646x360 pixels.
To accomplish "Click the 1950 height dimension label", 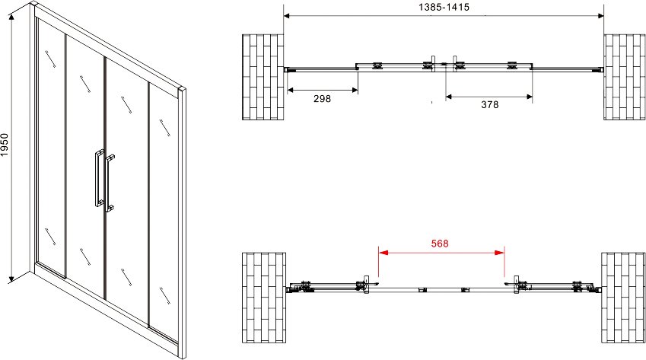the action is pos(5,145).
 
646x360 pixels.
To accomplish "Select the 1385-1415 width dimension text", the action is pos(444,7).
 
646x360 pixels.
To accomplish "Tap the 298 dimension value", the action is pos(322,98).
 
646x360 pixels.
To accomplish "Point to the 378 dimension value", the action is pos(490,104).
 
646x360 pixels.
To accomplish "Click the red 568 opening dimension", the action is pos(440,244).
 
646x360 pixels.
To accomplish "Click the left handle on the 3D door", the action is pos(98,178).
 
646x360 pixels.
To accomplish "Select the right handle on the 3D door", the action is pos(109,183).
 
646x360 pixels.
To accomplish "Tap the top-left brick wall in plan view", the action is pos(263,77).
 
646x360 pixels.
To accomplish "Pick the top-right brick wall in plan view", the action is pos(624,77).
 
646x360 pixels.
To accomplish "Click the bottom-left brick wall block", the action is pos(264,298).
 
